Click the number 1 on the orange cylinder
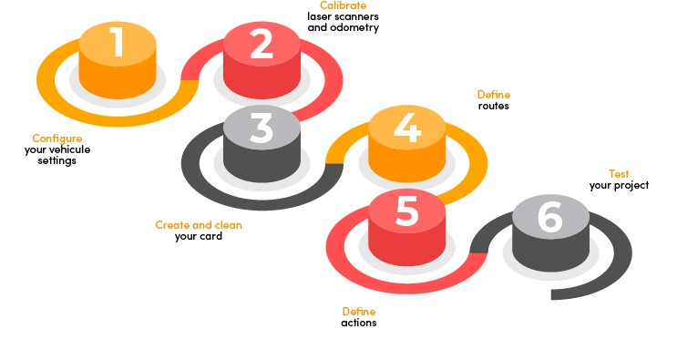click(117, 43)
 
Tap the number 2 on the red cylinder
click(262, 44)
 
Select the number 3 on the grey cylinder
click(261, 129)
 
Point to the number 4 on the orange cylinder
click(406, 128)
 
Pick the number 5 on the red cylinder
click(406, 211)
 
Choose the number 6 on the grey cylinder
click(550, 217)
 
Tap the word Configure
click(57, 139)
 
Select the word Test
click(619, 174)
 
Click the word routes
click(493, 106)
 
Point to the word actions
click(359, 323)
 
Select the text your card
click(199, 236)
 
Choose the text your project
click(619, 185)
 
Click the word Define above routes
click(494, 95)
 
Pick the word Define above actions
click(359, 312)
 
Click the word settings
click(57, 160)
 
